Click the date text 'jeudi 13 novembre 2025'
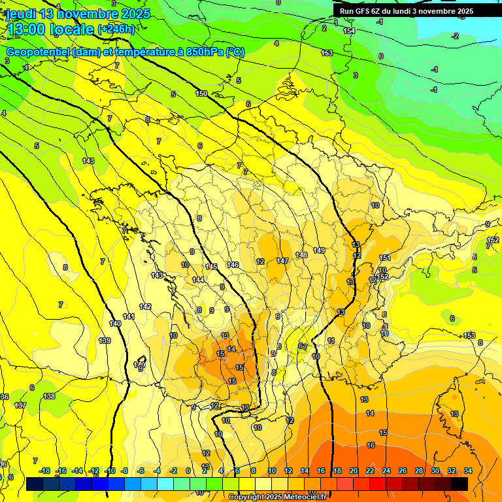pos(78,14)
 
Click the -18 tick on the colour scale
pos(45,471)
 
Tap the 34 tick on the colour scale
pos(468,471)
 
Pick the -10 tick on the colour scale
pos(110,471)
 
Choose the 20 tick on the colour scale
pos(354,471)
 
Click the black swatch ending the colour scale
pos(460,484)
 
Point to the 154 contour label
pos(350,31)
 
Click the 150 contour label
pos(201,93)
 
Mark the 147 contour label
pos(282,261)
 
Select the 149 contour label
pos(319,250)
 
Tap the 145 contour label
pos(211,267)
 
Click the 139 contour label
pos(105,341)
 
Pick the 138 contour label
pos(49,396)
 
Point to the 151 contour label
pos(385,258)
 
